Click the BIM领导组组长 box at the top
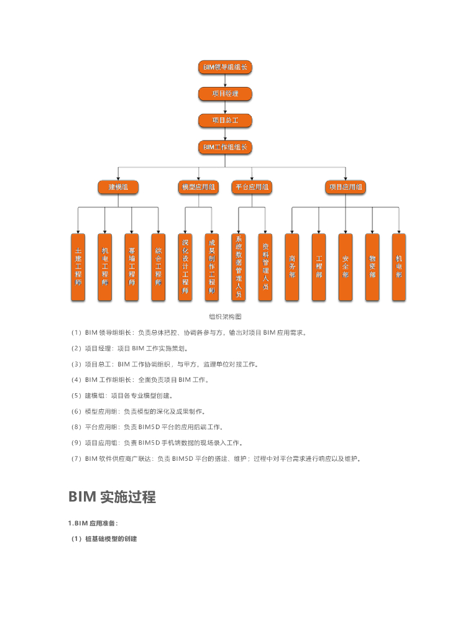tap(225, 67)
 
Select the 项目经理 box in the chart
tap(225, 94)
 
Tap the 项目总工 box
tap(225, 120)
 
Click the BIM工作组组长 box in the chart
tap(225, 147)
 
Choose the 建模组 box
tap(118, 186)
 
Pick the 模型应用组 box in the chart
tap(198, 186)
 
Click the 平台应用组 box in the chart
tap(252, 186)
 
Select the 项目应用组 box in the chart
tap(346, 186)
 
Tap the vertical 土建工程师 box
tap(78, 268)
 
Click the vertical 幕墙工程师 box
tap(132, 268)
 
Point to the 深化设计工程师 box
tap(185, 268)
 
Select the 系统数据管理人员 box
tap(239, 268)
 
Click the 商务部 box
tap(292, 268)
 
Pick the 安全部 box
tap(346, 268)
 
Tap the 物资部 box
tap(372, 268)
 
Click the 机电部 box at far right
tap(399, 268)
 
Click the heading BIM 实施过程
tap(112, 497)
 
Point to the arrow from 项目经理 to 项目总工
tap(225, 107)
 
